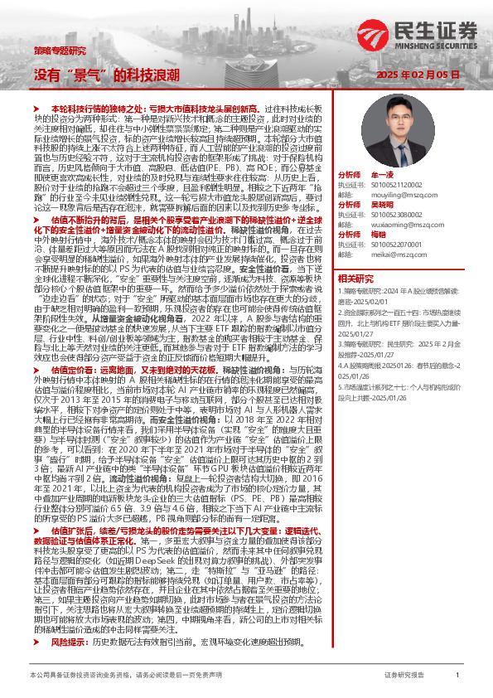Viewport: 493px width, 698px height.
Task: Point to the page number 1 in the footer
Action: pyautogui.click(x=457, y=676)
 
